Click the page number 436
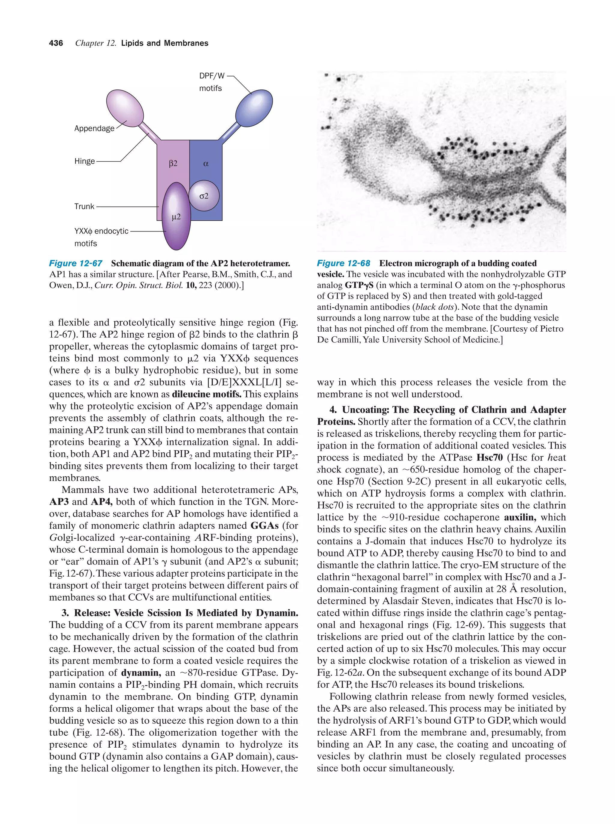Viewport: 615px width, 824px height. pos(56,43)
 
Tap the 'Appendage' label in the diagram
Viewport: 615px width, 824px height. pos(94,129)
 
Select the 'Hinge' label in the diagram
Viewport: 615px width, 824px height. pos(84,161)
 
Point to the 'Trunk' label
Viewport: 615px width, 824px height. pos(84,206)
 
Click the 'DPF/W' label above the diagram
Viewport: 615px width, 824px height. pos(212,76)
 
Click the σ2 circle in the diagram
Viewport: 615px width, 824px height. pos(204,196)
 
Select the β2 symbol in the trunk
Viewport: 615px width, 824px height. pos(173,164)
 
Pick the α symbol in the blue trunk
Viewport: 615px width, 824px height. pos(206,164)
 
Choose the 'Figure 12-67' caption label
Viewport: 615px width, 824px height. pos(76,263)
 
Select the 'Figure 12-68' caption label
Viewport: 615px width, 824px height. pos(344,263)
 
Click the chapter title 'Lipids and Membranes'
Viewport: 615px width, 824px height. pos(165,43)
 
